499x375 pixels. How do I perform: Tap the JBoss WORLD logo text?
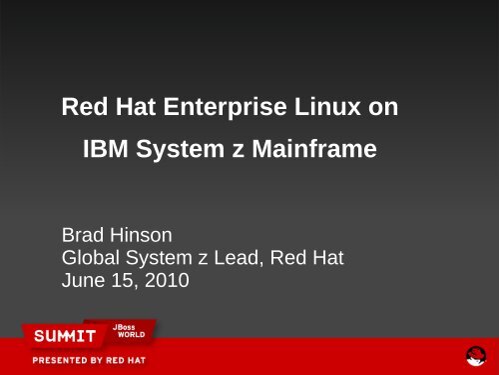point(132,329)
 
